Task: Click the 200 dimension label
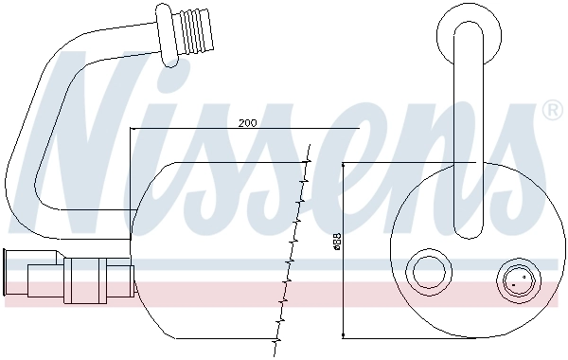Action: tap(248, 123)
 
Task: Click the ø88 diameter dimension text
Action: tap(337, 243)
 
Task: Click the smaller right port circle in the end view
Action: tap(517, 280)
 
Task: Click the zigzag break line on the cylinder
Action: tap(293, 251)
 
